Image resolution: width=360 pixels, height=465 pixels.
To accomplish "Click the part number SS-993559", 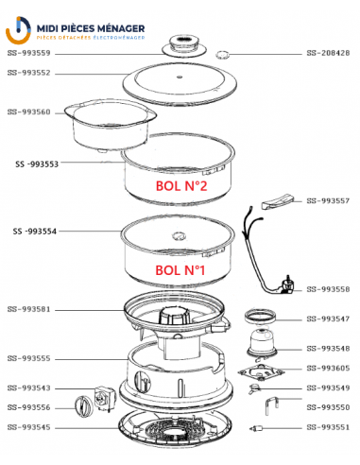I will click(28, 53).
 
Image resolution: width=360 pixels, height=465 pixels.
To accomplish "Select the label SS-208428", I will click(328, 53).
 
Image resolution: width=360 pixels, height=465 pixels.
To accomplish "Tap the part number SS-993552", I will click(28, 73).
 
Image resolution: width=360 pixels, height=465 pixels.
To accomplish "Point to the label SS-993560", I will click(28, 112).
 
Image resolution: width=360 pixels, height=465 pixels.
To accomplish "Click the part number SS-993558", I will click(328, 289).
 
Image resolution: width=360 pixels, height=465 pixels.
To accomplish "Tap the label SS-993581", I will click(28, 309).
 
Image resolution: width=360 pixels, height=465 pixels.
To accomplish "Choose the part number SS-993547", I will click(328, 319).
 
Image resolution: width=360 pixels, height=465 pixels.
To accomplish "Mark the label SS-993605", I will click(328, 369).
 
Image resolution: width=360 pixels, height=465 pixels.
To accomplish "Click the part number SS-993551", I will click(328, 427).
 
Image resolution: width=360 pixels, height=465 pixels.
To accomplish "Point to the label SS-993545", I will click(28, 427).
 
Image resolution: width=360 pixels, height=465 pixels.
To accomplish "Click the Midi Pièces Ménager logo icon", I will click(19, 29).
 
